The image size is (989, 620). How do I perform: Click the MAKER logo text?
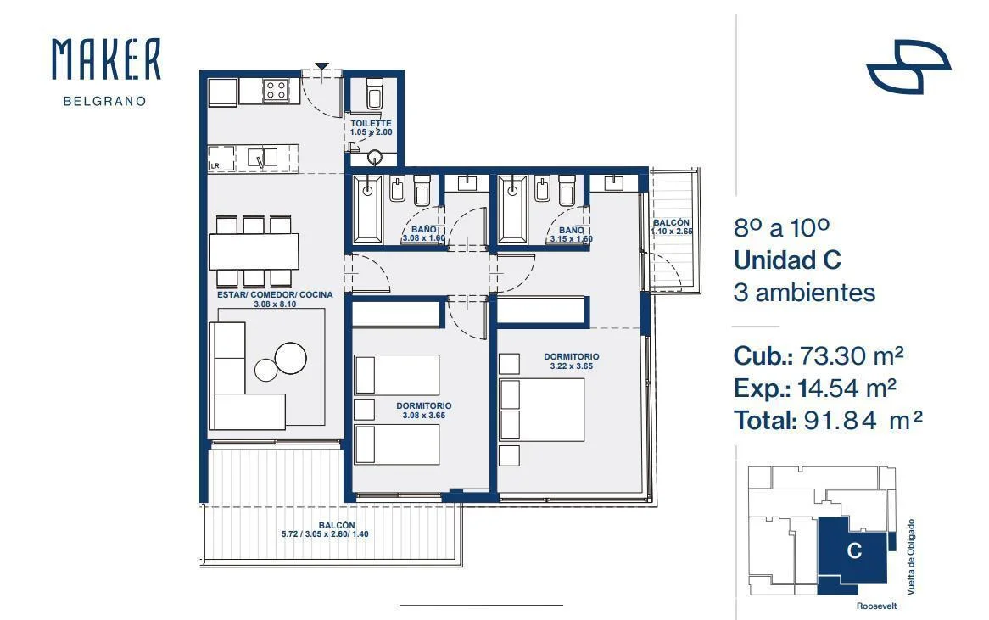coord(106,59)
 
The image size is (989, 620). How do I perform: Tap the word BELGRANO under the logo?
coord(104,101)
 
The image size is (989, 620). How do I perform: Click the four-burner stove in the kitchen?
coord(276,91)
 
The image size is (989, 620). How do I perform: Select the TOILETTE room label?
coord(371,124)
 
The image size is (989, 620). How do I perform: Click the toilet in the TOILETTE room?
coord(375,93)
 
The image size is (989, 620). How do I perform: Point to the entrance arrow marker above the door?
coord(321,65)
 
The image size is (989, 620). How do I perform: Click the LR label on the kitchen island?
coord(215,166)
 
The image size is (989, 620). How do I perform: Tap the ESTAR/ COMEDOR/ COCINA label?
coord(275,294)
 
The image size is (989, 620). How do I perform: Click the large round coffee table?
coord(291,358)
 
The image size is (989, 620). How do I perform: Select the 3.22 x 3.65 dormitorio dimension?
coord(572,366)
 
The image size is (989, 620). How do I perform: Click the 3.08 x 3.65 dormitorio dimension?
coord(424,415)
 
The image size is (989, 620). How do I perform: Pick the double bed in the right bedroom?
coord(542,410)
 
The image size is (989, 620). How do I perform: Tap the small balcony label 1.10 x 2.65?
coord(672,232)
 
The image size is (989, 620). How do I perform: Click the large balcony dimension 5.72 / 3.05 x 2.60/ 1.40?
coord(325,534)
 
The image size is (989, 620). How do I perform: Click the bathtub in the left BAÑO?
coord(367,209)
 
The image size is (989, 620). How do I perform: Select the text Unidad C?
coord(787,260)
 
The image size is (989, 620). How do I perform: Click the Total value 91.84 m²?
coord(863,420)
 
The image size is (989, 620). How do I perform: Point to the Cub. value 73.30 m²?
coord(852,356)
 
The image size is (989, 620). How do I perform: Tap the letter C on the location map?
coord(854,550)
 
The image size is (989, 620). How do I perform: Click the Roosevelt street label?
coord(877,606)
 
